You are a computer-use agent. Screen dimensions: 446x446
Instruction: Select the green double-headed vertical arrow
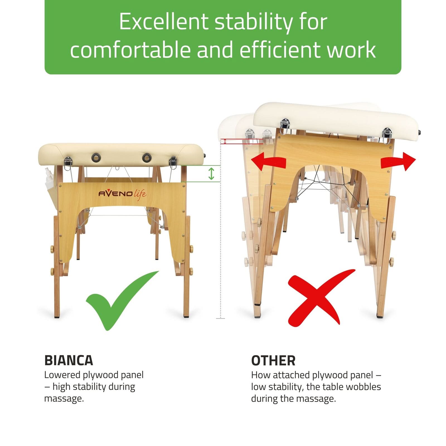211,173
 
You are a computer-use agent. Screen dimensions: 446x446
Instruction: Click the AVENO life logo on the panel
122,194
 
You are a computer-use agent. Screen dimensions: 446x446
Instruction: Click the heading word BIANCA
69,360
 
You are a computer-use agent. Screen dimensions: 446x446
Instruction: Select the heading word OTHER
273,361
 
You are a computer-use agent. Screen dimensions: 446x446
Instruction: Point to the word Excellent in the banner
164,21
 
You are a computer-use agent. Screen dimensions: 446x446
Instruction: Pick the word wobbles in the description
362,387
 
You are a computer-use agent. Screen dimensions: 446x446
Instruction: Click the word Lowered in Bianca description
62,375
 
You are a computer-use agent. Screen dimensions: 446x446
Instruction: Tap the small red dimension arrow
225,141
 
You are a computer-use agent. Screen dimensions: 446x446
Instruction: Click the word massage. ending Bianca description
64,399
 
